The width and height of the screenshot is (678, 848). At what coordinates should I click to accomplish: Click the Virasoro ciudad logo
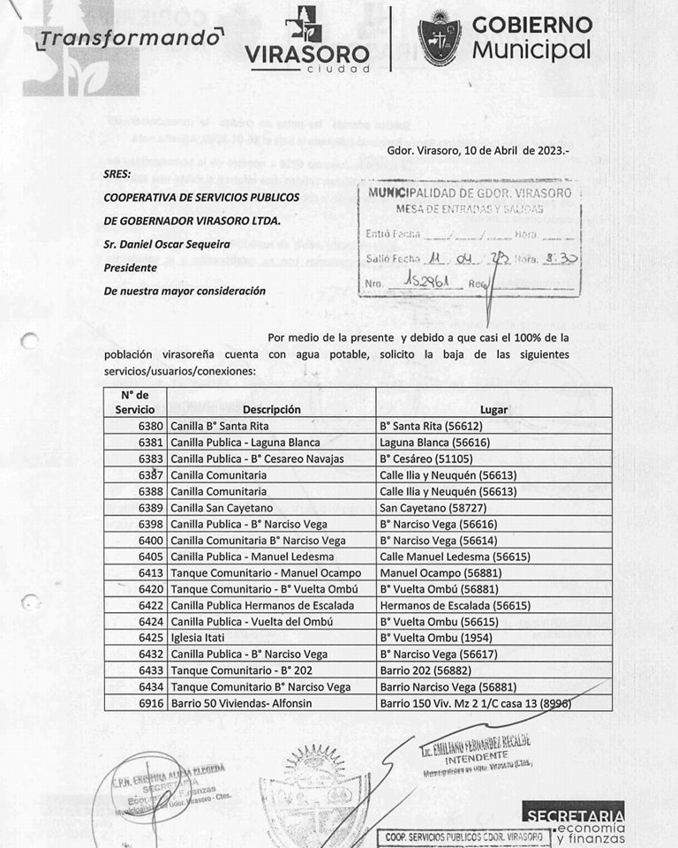(x=307, y=41)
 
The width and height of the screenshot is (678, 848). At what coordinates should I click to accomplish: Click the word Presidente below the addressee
(x=130, y=268)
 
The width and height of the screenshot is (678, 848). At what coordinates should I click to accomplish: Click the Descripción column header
(x=271, y=409)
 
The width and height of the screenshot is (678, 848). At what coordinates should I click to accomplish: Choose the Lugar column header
(x=493, y=409)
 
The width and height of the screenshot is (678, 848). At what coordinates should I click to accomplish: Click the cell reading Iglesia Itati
(x=202, y=638)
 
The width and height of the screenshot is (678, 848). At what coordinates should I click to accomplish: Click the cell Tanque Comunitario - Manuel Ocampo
(x=265, y=572)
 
